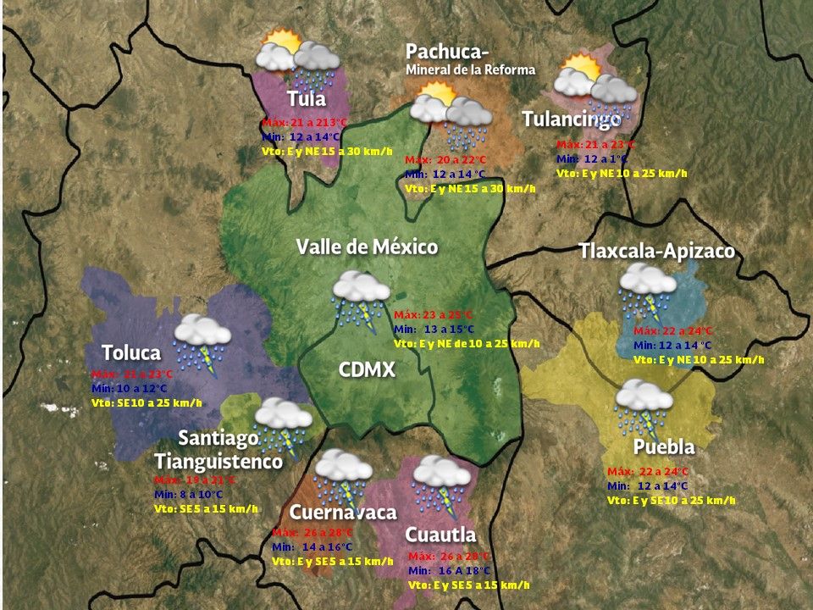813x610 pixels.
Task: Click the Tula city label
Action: [306, 99]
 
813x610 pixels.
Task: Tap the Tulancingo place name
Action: [572, 119]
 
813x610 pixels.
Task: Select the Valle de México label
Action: [367, 247]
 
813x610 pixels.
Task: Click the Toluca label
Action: [131, 352]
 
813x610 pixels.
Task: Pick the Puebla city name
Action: [664, 447]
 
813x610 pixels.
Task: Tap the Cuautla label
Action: [440, 535]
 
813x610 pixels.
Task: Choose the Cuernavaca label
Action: [343, 513]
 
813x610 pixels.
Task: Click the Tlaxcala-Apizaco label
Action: [656, 252]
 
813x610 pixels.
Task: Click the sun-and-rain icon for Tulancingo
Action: [595, 86]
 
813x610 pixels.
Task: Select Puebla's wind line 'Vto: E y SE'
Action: [672, 501]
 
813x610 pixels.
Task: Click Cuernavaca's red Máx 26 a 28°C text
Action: [312, 533]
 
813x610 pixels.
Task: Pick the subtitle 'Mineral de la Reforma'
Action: [470, 69]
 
